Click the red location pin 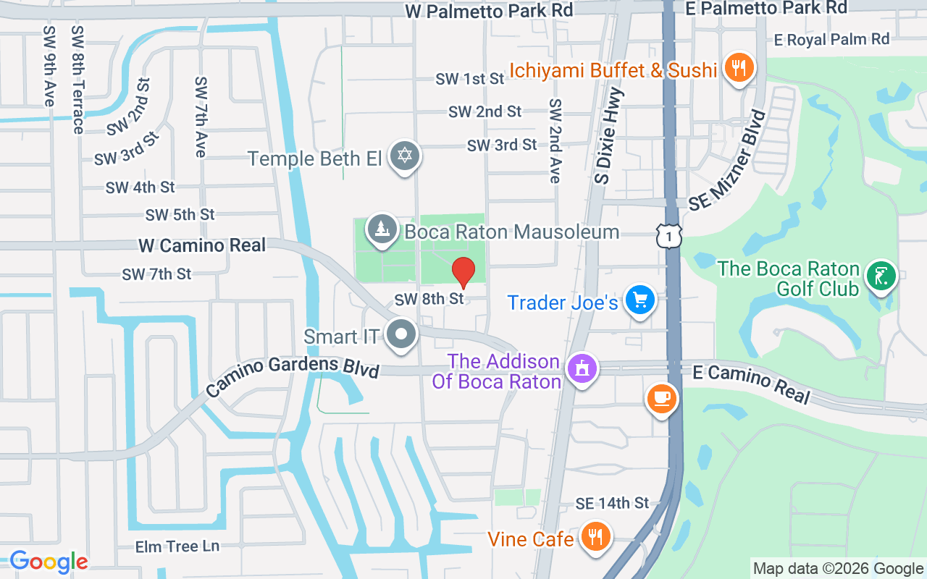click(463, 272)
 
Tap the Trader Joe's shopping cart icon click(640, 300)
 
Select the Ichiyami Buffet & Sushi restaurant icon click(739, 69)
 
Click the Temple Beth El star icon click(405, 156)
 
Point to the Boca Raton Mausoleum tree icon click(382, 229)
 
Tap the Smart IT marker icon click(401, 335)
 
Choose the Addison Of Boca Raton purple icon click(582, 369)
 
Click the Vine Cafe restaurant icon click(595, 537)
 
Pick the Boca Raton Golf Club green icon click(881, 276)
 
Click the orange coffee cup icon click(661, 398)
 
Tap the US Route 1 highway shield click(670, 236)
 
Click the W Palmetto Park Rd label click(489, 10)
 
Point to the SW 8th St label click(429, 299)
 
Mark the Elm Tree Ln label click(177, 546)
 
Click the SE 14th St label click(613, 503)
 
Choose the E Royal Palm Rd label click(831, 39)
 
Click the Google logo click(49, 562)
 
